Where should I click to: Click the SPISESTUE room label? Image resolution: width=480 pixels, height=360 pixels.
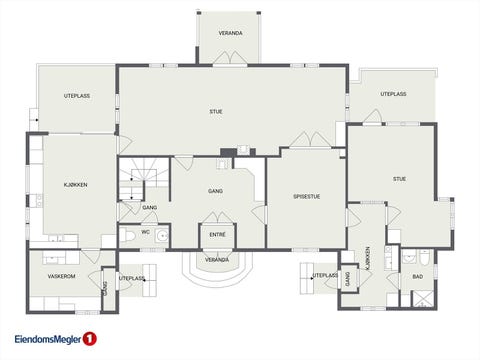pos(306,197)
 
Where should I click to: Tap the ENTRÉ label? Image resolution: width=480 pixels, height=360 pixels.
pos(217,235)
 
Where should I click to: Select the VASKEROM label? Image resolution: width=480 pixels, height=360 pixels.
pos(61,276)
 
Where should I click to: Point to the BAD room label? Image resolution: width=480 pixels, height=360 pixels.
pos(418,277)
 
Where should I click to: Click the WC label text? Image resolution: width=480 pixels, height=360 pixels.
pos(145,232)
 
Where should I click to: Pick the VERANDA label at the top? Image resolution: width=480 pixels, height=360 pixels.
pos(230,33)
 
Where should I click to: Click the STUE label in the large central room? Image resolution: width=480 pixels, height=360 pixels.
pos(216,112)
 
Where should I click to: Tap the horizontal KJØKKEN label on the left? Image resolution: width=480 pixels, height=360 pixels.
pos(76,185)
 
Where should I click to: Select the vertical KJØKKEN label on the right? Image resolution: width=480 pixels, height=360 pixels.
pos(368,258)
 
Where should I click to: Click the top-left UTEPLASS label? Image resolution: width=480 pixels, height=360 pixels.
pos(77,96)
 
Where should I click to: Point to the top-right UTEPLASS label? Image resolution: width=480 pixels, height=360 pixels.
pos(393,94)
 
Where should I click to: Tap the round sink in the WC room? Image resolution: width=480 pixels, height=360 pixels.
pos(163,236)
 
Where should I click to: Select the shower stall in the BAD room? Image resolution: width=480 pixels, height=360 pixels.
pos(423,299)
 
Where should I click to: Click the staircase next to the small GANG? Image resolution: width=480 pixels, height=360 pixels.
pos(144,179)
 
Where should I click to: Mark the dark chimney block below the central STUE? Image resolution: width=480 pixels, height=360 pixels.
pos(228,152)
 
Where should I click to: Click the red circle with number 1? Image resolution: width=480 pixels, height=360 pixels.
pos(89,339)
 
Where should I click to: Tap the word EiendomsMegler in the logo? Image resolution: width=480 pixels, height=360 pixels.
pos(48,339)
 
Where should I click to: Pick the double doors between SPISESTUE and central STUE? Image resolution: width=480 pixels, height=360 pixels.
pos(310,140)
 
